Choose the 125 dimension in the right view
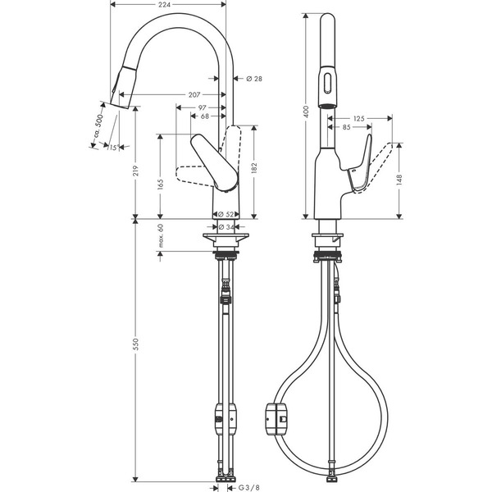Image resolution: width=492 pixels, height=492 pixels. [358, 119]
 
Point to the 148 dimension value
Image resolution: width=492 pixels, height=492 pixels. [399, 181]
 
